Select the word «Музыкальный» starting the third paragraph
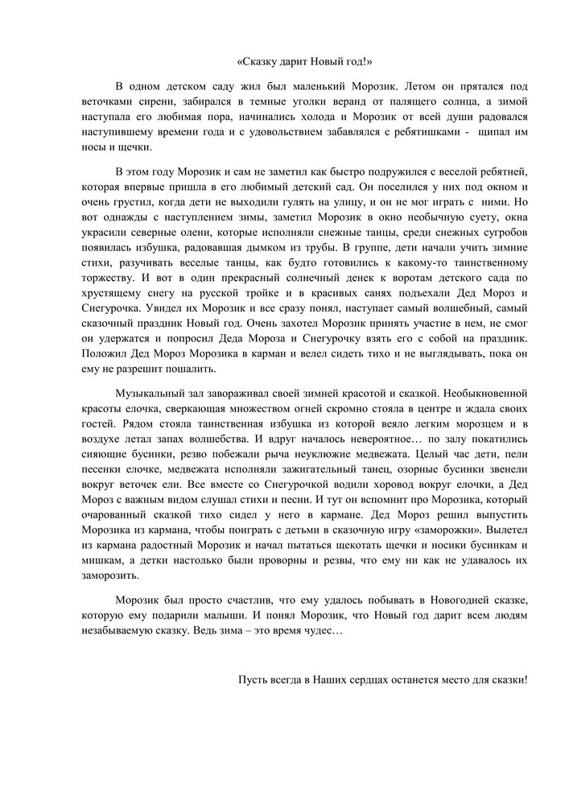click(154, 397)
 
